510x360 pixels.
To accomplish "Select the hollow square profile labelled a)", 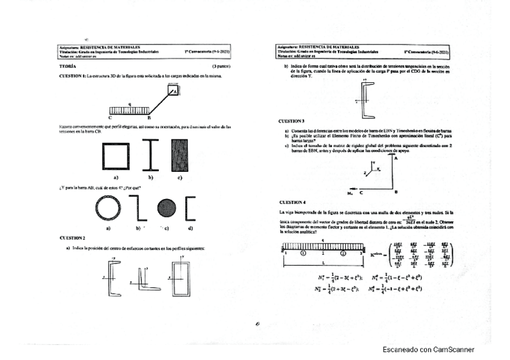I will pos(116,156).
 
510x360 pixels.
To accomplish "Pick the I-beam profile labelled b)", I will pos(151,156).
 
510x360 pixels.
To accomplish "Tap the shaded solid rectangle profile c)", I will pos(179,156).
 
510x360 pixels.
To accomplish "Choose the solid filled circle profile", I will pos(166,208).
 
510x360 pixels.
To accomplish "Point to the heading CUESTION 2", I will pos(72,238).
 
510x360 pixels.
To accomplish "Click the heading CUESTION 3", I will pos(292,121).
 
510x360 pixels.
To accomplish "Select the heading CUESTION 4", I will pos(292,203).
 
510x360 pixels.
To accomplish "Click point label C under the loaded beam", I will pos(109,118).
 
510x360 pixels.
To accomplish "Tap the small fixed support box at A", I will pos(173,90).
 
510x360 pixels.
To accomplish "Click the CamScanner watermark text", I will pos(428,350).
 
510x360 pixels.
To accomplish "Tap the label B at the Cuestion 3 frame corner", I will pos(396,192).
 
